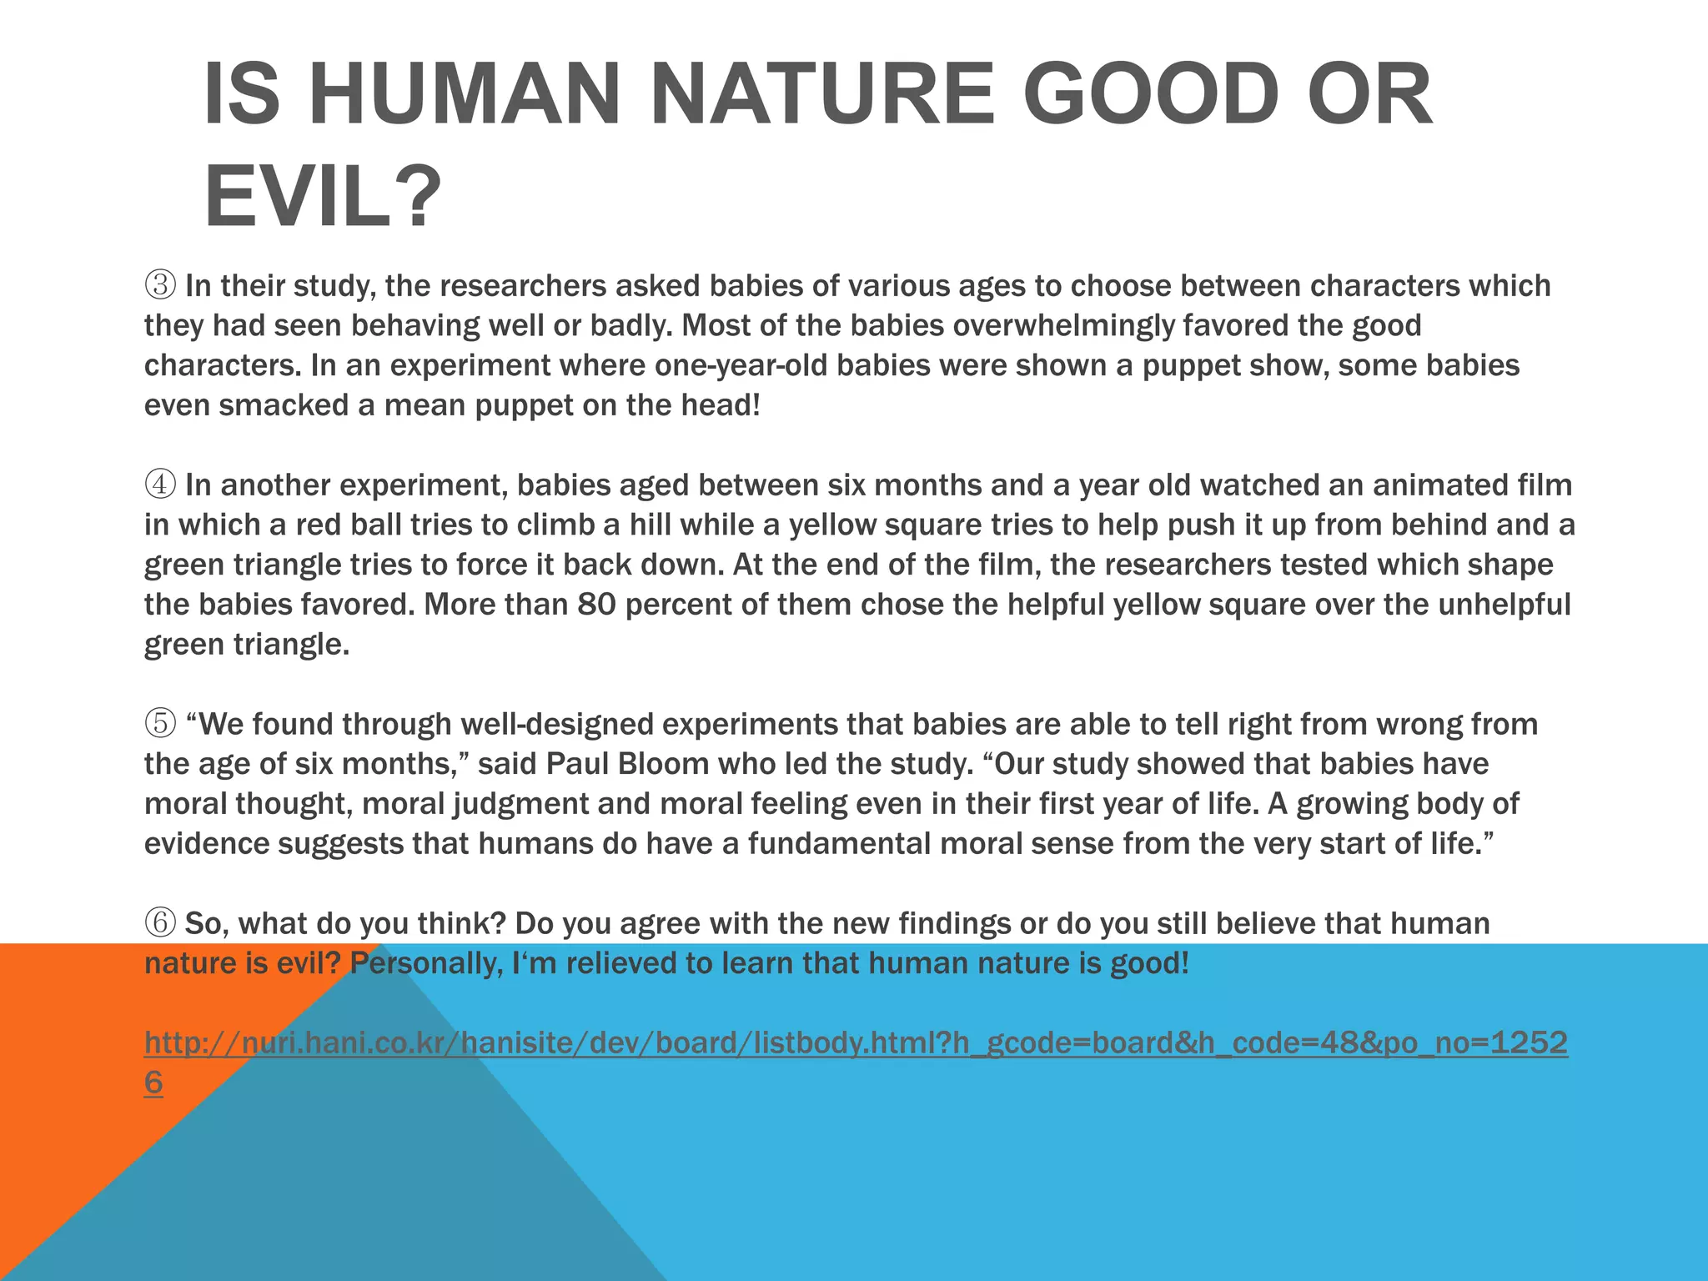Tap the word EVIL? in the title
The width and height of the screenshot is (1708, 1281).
coord(322,197)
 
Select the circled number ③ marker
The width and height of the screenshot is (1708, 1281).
coord(160,286)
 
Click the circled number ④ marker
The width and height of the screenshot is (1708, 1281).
coord(160,485)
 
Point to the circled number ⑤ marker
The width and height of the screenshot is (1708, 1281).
coord(160,724)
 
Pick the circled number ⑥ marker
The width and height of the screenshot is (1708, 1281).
coord(160,923)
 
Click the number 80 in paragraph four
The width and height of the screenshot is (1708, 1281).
coord(596,605)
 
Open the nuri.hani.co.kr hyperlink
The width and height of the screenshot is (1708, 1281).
coord(856,1043)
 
